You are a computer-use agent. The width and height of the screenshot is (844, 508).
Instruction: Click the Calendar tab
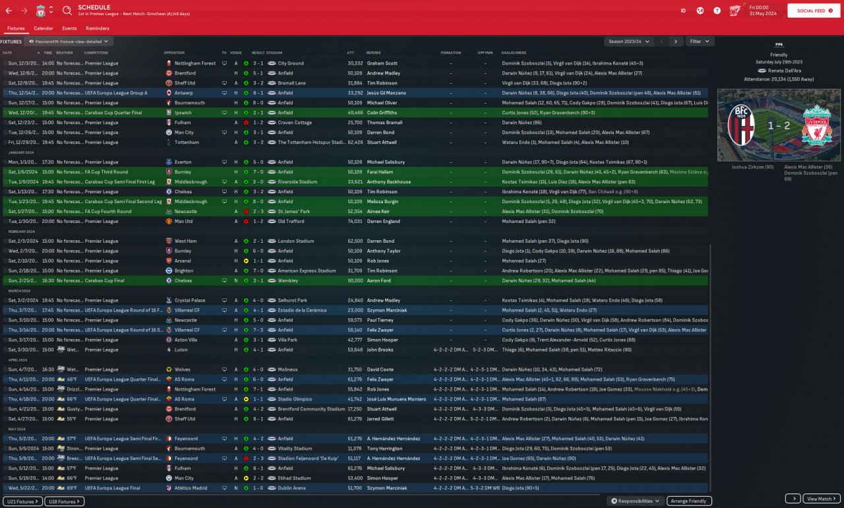tap(44, 28)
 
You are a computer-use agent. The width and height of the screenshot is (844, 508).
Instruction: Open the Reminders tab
tap(98, 28)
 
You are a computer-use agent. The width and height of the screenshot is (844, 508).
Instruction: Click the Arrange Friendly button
tap(689, 501)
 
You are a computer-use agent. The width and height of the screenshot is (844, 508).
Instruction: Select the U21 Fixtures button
tap(22, 501)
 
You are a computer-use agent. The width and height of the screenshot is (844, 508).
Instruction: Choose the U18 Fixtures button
tap(64, 501)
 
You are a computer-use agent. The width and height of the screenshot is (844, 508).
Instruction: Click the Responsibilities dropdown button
tap(635, 501)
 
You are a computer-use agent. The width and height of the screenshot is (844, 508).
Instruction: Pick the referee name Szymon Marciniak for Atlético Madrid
tap(385, 488)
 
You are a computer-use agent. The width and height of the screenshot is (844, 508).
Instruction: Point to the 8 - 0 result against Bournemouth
tap(258, 103)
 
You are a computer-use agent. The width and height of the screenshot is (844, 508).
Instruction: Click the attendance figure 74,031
tap(355, 222)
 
